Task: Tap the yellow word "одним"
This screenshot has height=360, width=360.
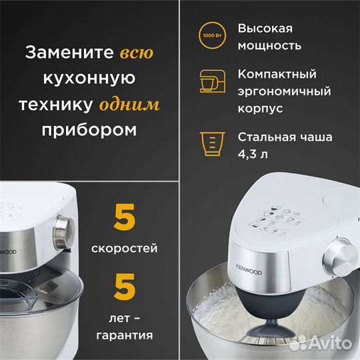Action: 130,105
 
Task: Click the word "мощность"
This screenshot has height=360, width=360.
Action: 269,46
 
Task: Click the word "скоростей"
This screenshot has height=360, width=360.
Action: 125,249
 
